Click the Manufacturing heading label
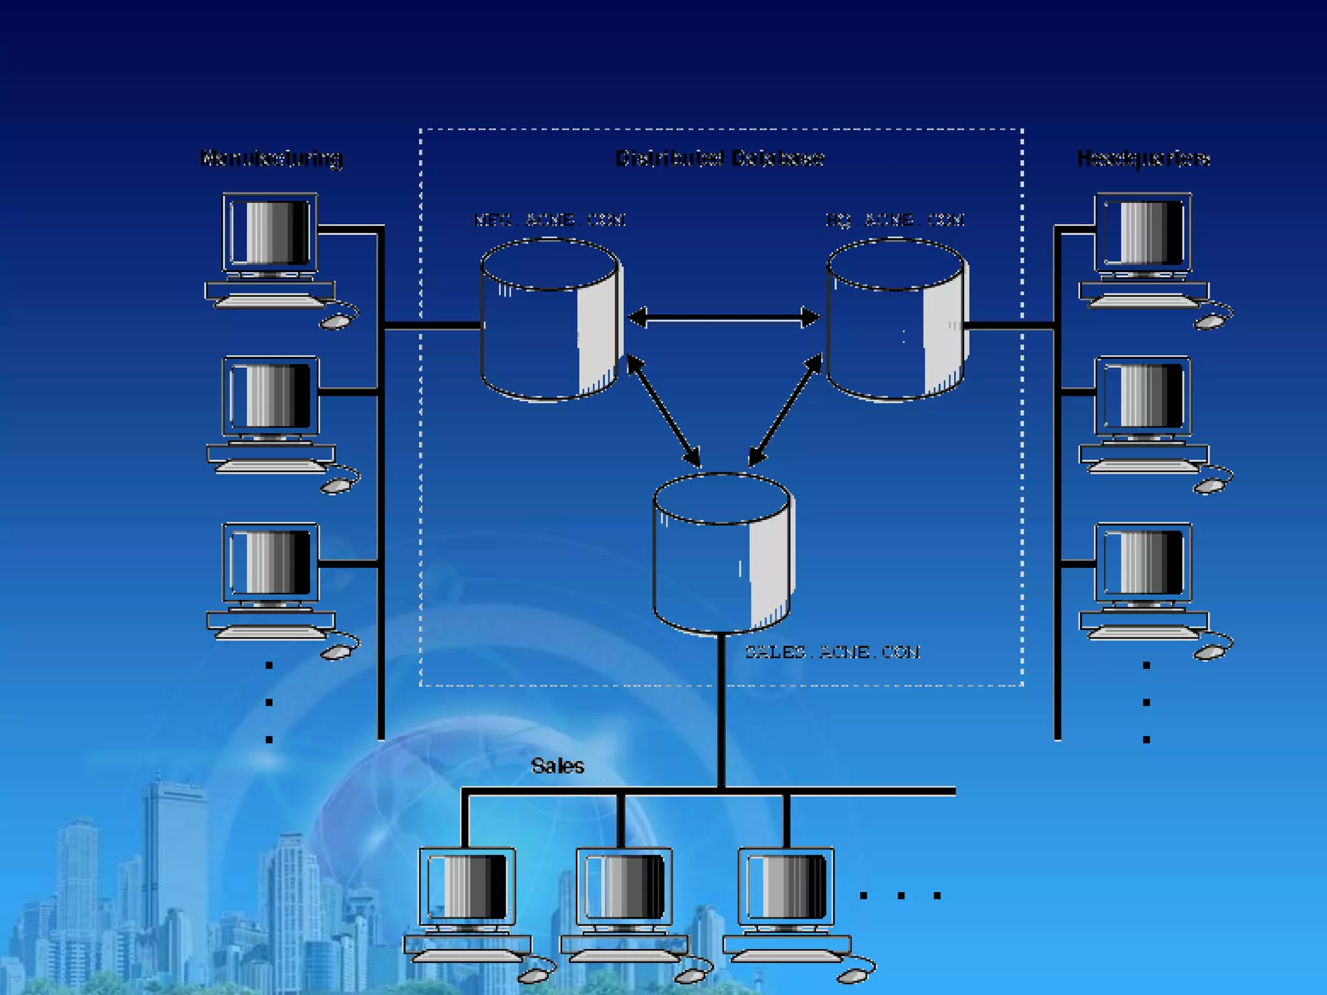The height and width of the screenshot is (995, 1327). point(271,158)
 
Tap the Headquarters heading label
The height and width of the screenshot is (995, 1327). point(1144,159)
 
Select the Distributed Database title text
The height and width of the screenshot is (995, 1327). point(719,158)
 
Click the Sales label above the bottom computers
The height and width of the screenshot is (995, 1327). point(557,766)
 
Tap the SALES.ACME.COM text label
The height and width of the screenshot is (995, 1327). point(832,652)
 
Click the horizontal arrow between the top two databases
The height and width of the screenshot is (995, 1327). point(724,317)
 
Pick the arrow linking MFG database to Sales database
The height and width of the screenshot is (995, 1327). point(663,411)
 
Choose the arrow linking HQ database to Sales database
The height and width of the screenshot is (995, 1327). point(785,411)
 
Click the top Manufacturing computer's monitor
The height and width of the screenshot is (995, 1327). point(270,232)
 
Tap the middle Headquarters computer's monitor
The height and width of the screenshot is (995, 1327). point(1143,396)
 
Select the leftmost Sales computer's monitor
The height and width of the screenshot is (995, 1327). point(467,886)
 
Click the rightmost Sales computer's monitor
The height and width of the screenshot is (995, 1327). point(786,886)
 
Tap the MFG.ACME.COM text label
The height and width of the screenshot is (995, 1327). point(549,220)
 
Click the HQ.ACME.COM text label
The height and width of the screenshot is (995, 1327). point(895,220)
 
